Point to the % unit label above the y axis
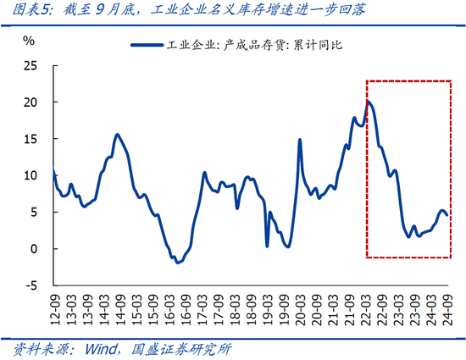click(29, 41)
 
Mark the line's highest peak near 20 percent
click(367, 102)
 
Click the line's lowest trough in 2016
click(178, 263)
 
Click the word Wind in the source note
click(97, 349)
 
